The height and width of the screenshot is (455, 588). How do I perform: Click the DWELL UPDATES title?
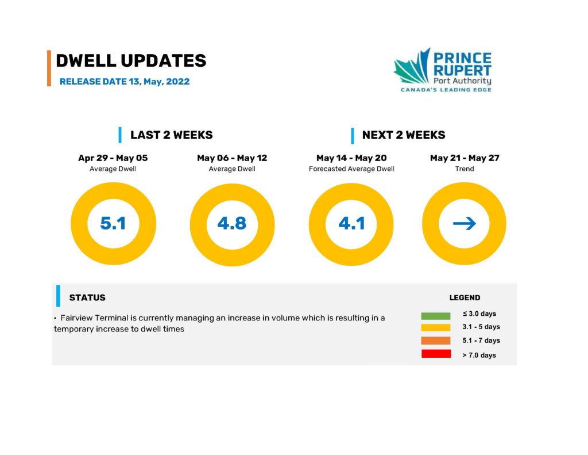131,61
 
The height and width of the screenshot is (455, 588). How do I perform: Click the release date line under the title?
125,82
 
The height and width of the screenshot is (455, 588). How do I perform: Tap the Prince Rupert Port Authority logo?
443,70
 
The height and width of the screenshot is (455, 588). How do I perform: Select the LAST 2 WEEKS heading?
171,135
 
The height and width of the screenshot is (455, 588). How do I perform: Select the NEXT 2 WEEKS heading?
404,135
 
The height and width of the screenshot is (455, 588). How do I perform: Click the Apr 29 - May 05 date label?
113,158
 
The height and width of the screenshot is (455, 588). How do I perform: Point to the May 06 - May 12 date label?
232,158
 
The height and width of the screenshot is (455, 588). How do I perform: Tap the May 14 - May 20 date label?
351,158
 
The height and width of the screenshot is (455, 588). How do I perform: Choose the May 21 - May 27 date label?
465,158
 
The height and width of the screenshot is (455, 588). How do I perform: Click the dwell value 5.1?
113,223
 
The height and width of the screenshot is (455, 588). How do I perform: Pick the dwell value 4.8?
232,223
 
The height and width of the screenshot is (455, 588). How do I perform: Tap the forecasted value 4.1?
351,223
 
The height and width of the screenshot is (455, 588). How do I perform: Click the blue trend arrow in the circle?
464,224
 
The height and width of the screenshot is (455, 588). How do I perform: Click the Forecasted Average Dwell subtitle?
351,169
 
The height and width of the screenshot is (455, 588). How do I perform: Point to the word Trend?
465,169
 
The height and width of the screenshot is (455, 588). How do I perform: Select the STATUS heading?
87,297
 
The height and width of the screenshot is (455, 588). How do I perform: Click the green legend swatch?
436,316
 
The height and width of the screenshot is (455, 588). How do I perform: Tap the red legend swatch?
436,354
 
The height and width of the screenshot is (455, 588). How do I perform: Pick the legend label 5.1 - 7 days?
481,341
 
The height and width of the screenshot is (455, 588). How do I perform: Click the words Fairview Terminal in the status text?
95,318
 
